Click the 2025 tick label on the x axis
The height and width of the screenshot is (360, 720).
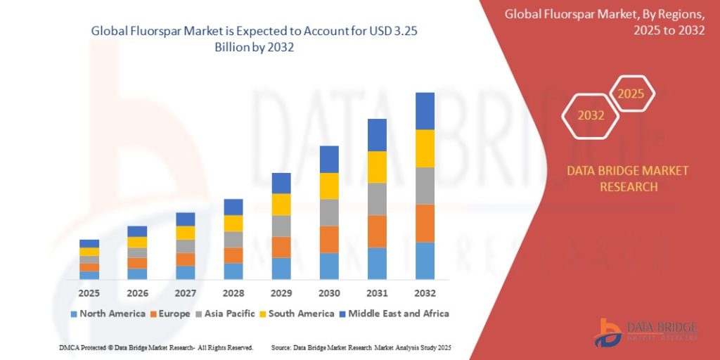click(x=89, y=292)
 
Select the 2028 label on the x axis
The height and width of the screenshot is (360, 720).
click(x=233, y=292)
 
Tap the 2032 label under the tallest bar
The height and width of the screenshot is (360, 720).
click(x=425, y=292)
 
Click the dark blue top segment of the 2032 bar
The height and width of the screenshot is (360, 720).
click(x=425, y=111)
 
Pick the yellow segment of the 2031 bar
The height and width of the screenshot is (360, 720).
click(x=377, y=167)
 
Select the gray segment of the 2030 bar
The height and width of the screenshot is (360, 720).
click(x=329, y=212)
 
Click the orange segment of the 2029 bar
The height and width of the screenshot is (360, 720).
click(x=281, y=247)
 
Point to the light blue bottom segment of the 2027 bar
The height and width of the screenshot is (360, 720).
click(x=186, y=272)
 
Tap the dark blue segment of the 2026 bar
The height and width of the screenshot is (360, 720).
click(x=137, y=231)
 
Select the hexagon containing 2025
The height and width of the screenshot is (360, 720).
click(x=631, y=94)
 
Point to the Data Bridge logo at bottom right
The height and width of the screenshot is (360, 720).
click(x=645, y=331)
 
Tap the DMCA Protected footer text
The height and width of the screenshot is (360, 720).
click(x=156, y=348)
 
